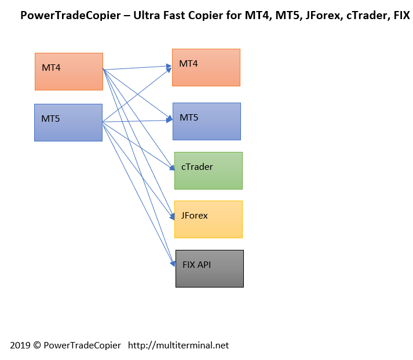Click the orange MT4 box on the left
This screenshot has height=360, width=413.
tap(69, 71)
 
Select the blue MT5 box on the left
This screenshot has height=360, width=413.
tap(68, 122)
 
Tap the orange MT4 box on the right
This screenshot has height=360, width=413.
tap(206, 67)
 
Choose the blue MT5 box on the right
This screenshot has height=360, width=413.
tap(207, 121)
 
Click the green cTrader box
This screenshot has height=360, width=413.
tap(209, 170)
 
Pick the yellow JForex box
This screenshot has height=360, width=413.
tap(209, 219)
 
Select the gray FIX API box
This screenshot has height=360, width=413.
tap(210, 268)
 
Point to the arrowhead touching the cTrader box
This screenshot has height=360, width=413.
tap(172, 168)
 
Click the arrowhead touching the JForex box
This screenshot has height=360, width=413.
tap(172, 216)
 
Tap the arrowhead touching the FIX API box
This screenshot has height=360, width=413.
tap(173, 263)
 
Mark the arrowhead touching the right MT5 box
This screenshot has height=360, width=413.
tap(169, 119)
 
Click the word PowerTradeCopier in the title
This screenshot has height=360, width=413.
tap(71, 15)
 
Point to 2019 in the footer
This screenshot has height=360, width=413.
tap(20, 346)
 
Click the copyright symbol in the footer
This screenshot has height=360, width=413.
tap(37, 346)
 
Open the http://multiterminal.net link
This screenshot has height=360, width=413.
tap(178, 346)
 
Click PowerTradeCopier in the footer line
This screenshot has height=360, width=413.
tap(82, 346)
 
